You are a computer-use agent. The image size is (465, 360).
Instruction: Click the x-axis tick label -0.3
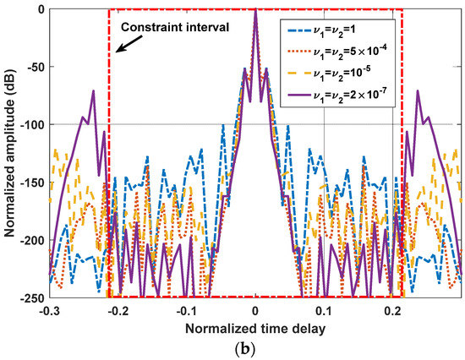(x=50, y=309)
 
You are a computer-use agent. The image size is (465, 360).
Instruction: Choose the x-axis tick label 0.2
(x=392, y=309)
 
